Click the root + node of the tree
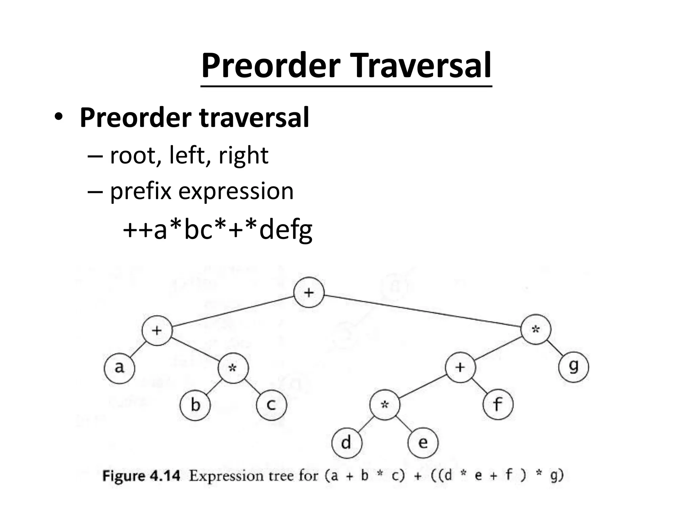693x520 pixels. (309, 292)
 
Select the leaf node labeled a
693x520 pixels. (119, 368)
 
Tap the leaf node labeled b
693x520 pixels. (195, 405)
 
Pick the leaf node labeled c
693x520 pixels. (271, 405)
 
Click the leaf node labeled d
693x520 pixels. (346, 443)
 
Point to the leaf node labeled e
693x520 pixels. (423, 443)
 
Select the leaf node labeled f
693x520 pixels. (498, 405)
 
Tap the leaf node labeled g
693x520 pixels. (574, 367)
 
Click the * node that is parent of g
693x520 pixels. (536, 329)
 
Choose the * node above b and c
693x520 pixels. (233, 368)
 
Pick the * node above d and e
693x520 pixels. (385, 405)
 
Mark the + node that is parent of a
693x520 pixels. (157, 330)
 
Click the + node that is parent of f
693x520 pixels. (460, 367)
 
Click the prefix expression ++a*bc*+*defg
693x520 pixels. (217, 230)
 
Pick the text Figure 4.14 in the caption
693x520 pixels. (141, 476)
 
